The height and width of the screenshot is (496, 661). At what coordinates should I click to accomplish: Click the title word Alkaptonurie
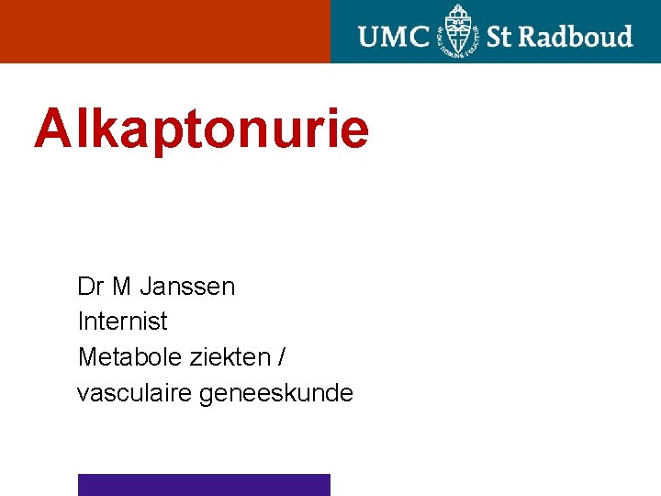click(x=202, y=129)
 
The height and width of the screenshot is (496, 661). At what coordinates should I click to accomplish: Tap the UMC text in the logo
click(x=394, y=37)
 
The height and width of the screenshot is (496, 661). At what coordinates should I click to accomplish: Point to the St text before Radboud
click(x=499, y=37)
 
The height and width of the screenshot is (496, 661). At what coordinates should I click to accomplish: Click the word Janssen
click(x=187, y=287)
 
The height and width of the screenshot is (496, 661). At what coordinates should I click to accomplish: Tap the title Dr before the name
click(x=90, y=287)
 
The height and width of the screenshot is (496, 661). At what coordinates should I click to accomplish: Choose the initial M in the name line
click(x=121, y=287)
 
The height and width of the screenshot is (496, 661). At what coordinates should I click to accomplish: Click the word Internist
click(x=123, y=321)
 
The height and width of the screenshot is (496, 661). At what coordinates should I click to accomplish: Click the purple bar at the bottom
click(x=204, y=484)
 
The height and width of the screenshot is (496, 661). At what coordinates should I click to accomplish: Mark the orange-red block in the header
click(x=165, y=31)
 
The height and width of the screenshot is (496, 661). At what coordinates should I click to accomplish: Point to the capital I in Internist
click(x=81, y=321)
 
